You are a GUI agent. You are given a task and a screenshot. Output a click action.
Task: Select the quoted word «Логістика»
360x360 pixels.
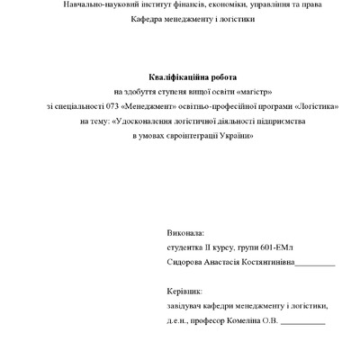322,106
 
